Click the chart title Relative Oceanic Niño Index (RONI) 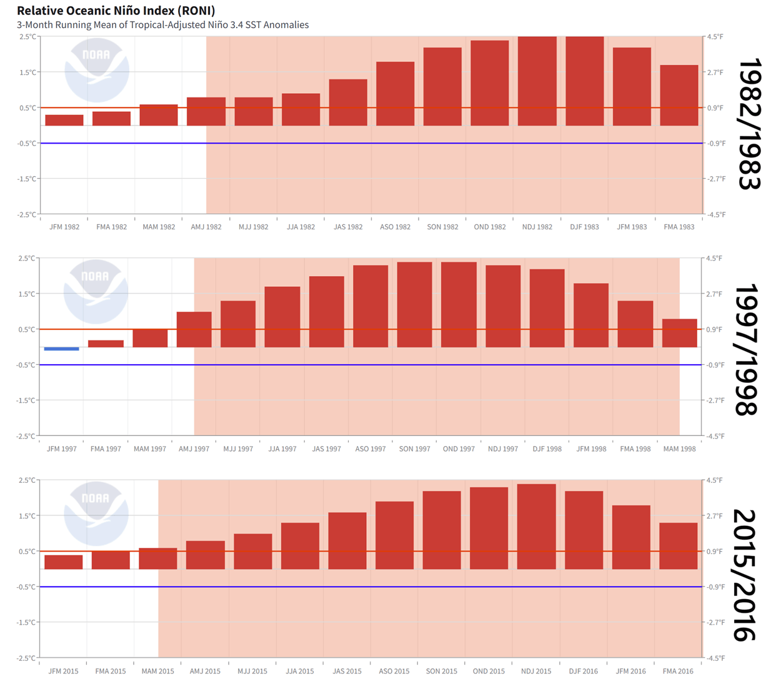(116, 11)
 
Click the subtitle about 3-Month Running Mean (162, 25)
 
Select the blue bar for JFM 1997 (61, 349)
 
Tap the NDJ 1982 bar (537, 81)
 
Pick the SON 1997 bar (414, 305)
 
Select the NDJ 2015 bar (536, 527)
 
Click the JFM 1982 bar (64, 121)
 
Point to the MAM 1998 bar (679, 333)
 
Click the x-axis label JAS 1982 (348, 227)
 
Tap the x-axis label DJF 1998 (547, 449)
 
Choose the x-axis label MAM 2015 (157, 671)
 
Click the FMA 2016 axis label (678, 671)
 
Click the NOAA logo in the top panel (96, 70)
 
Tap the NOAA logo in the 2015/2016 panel (96, 513)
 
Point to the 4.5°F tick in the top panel (715, 37)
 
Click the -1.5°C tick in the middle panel (26, 400)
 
